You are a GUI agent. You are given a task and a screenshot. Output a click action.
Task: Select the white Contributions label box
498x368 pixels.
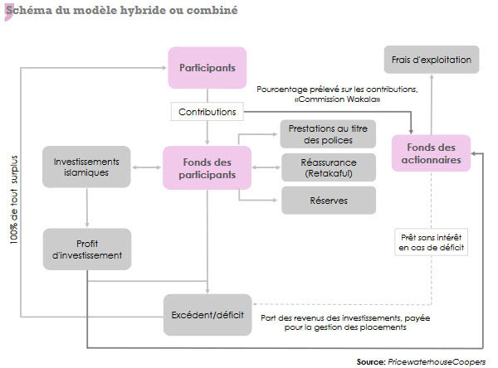[207, 110]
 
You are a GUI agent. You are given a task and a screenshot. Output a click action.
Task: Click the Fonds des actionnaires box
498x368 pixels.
[432, 154]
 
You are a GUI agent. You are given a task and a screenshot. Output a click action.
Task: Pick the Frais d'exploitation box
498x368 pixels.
[432, 61]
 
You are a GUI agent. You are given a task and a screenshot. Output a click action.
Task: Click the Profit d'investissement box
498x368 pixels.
[86, 249]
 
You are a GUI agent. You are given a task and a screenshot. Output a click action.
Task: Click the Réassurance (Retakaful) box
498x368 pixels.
[329, 167]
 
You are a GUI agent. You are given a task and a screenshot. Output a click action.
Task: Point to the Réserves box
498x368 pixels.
[329, 201]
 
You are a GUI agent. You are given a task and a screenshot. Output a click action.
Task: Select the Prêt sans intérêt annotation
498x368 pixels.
[432, 241]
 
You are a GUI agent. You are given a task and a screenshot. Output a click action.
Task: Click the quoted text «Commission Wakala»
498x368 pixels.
[337, 99]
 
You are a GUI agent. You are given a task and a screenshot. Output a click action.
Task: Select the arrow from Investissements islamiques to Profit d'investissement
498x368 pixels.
[86, 207]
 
